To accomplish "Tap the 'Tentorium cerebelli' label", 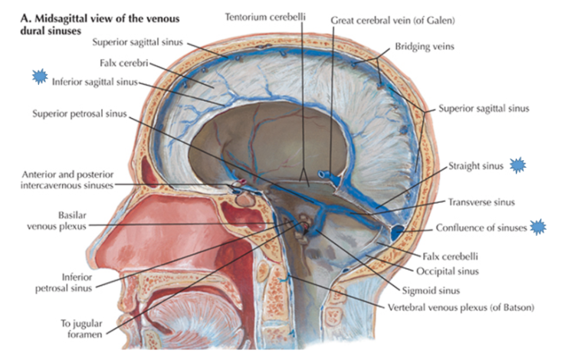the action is pos(264,15).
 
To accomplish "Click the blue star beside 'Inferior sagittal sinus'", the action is pos(38,77).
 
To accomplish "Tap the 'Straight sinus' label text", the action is pos(476,165).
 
